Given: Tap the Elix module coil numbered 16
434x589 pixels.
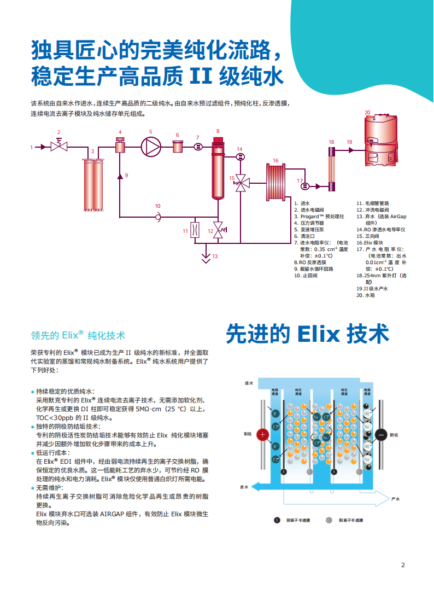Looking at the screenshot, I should point(276,182).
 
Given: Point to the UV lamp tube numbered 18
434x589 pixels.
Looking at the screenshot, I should point(331,169).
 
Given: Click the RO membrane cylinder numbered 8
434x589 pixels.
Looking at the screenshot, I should point(218,167).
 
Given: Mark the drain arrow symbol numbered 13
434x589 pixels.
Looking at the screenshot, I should point(206,257).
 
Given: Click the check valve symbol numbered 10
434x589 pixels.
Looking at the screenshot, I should point(157,217).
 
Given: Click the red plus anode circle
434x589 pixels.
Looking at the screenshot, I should point(262,435).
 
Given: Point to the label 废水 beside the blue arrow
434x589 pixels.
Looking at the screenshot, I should point(244,486).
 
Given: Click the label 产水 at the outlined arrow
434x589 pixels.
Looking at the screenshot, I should point(396,499).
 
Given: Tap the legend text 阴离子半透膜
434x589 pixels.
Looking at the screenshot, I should point(297,520).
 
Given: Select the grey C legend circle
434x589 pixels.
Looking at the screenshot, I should point(329,520).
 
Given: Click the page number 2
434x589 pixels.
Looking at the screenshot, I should point(403,565).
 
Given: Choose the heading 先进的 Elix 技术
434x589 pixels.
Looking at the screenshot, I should point(307,334).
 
